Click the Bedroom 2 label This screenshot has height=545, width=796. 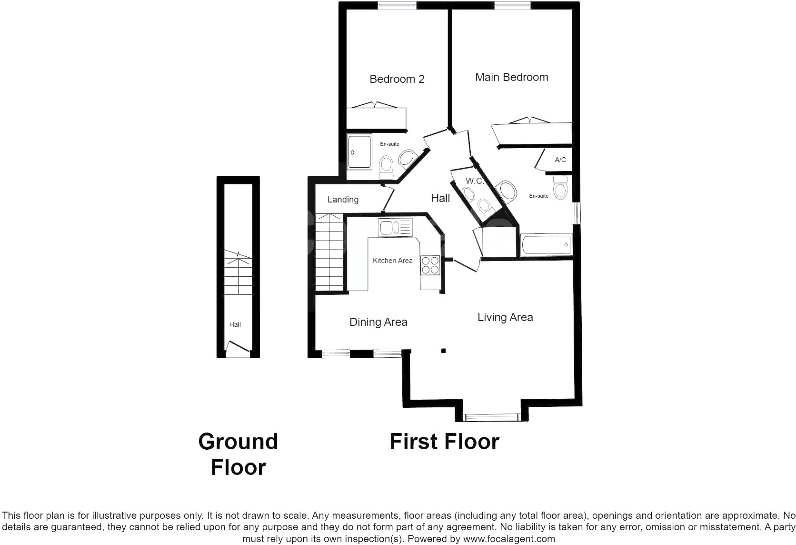(397, 79)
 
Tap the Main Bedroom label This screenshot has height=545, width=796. (511, 77)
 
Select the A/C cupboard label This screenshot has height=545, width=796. (560, 160)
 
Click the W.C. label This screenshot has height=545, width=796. (475, 181)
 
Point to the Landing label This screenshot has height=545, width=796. (343, 200)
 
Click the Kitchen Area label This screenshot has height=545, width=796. (393, 261)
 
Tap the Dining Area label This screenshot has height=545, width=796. (378, 322)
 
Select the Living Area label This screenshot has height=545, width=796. (505, 317)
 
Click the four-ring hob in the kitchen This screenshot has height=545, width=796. (430, 265)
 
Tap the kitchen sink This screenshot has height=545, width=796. (395, 228)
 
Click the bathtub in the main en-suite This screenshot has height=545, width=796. (546, 244)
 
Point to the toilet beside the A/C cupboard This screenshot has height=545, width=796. (560, 187)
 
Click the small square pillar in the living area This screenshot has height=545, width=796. (444, 351)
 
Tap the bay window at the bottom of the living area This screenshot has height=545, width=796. (492, 417)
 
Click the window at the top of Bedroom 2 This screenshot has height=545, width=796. (397, 6)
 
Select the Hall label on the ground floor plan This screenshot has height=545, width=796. (235, 324)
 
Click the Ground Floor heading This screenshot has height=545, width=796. (238, 454)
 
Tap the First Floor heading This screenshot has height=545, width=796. (445, 442)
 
